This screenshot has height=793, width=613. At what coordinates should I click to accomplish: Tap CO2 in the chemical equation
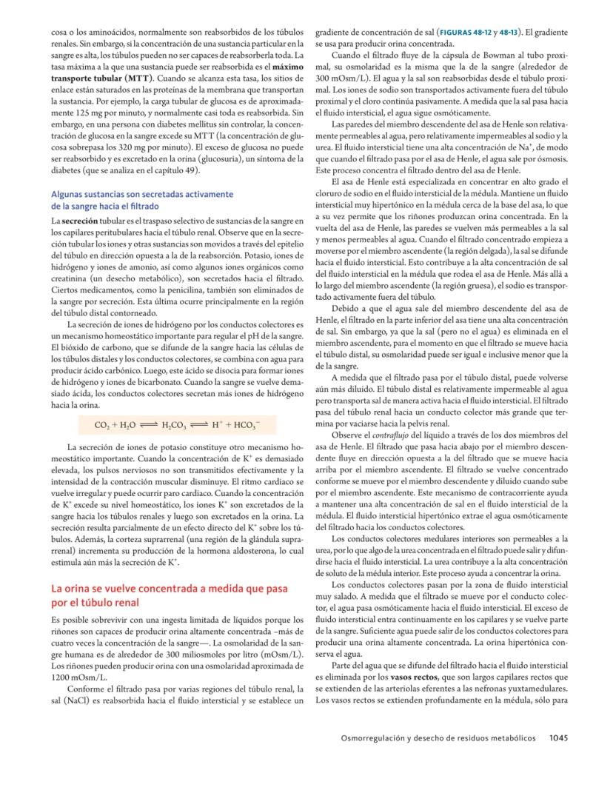coord(104,426)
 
